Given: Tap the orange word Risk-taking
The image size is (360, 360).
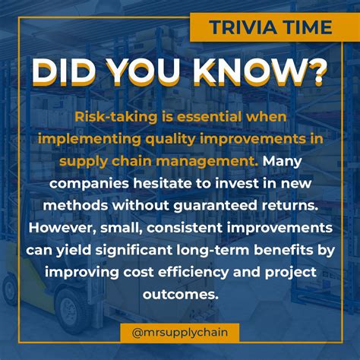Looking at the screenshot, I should pos(115,116).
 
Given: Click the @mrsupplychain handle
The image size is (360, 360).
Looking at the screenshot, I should pos(179,331).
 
